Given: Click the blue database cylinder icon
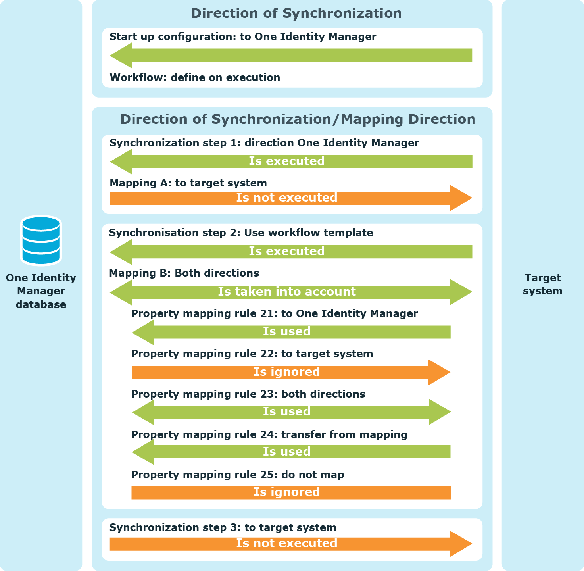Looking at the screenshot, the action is click(41, 240).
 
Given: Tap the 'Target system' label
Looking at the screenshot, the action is click(543, 284).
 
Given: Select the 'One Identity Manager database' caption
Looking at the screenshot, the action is click(41, 291).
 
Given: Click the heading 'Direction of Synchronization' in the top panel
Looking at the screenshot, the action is click(296, 13).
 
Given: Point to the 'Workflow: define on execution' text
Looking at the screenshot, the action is click(195, 77).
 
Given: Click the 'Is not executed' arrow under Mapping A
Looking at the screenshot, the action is click(291, 198).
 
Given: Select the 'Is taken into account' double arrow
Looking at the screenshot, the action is click(291, 292).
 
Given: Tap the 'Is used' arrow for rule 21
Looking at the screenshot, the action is click(291, 332).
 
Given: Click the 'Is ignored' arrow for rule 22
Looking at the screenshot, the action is click(291, 372).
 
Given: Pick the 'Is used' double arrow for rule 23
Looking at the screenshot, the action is click(291, 412).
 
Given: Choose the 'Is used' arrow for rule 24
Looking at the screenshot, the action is click(291, 452).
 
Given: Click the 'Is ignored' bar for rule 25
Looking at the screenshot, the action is click(291, 493).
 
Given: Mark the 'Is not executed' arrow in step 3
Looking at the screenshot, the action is click(291, 544).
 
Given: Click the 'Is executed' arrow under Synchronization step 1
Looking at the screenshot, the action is click(291, 161).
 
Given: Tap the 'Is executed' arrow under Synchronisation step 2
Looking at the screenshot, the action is click(291, 252).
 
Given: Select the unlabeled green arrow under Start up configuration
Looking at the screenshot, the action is click(291, 55).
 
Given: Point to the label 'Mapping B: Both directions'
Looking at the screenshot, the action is click(184, 273).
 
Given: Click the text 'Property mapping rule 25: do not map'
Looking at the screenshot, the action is click(238, 475).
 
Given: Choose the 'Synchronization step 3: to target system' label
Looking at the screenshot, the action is click(223, 527).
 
